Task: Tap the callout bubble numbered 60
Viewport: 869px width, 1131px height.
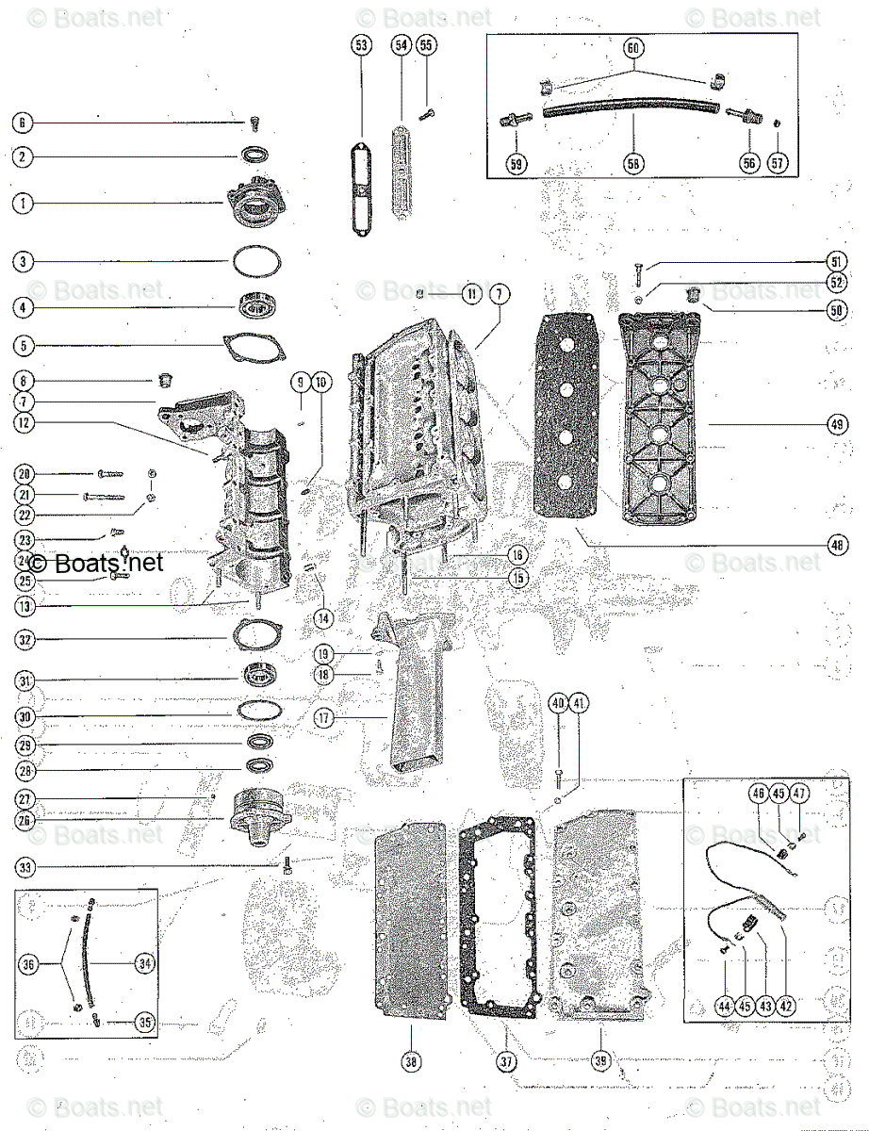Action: (633, 47)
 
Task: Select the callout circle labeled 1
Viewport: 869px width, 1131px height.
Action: (24, 203)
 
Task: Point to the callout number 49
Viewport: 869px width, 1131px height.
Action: (838, 425)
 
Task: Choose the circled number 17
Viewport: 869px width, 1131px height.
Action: (323, 717)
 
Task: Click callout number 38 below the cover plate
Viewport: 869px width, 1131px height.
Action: (411, 1062)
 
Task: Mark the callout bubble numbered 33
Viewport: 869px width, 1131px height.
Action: (24, 866)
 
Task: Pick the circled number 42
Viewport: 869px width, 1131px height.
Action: (786, 1006)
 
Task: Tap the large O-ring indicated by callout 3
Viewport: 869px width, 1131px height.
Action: (257, 261)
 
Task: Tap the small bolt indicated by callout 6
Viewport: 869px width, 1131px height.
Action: (256, 123)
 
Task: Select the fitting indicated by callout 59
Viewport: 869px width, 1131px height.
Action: (516, 122)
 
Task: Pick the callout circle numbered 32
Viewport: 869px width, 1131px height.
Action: (24, 639)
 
